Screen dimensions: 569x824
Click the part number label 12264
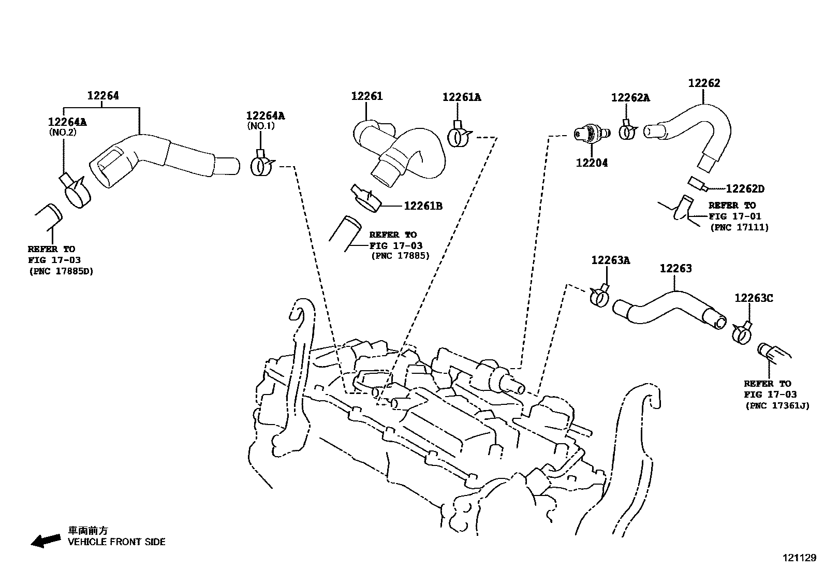[x=102, y=96]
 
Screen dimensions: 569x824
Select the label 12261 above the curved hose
[x=366, y=96]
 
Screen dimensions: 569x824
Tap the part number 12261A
[x=461, y=97]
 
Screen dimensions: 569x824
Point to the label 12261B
[x=423, y=206]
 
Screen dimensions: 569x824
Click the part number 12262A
[x=630, y=98]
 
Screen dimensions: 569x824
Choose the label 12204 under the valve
[x=592, y=163]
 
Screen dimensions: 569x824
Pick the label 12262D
[x=745, y=189]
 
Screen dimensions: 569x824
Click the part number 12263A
[x=610, y=260]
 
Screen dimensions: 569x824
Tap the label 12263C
[x=754, y=299]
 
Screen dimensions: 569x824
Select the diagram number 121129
[x=799, y=558]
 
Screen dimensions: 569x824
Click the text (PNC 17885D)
[x=61, y=271]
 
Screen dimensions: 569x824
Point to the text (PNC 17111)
[x=739, y=227]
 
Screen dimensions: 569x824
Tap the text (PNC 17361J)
[x=777, y=406]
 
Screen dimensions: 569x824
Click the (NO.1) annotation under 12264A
[x=260, y=126]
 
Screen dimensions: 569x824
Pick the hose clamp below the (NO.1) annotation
[x=262, y=165]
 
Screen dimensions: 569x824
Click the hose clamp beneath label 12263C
[x=742, y=334]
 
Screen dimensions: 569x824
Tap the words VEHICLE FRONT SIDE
[x=116, y=542]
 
